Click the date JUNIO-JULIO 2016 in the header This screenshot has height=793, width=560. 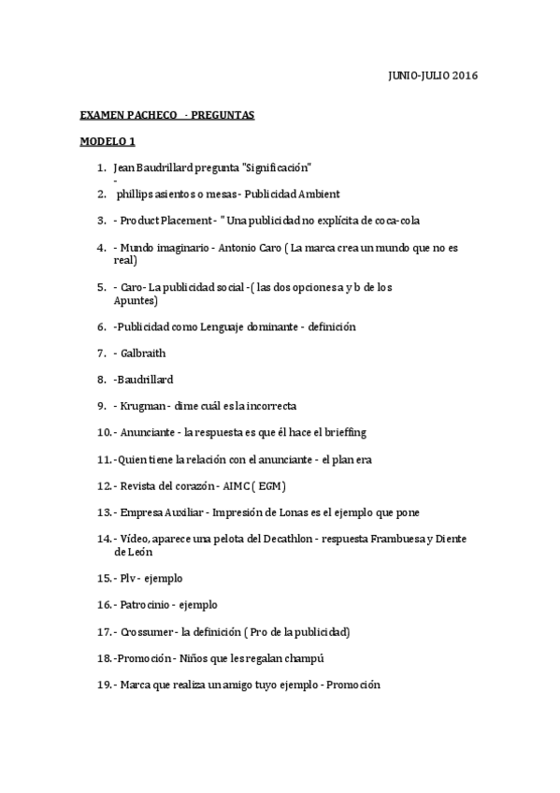point(432,75)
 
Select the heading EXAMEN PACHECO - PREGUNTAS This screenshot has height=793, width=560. point(167,115)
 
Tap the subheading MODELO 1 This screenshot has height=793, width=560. point(108,141)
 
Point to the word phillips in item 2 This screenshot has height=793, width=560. point(136,195)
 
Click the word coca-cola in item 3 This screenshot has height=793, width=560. point(396,221)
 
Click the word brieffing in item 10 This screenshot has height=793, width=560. point(343,433)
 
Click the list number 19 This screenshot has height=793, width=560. point(104,685)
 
